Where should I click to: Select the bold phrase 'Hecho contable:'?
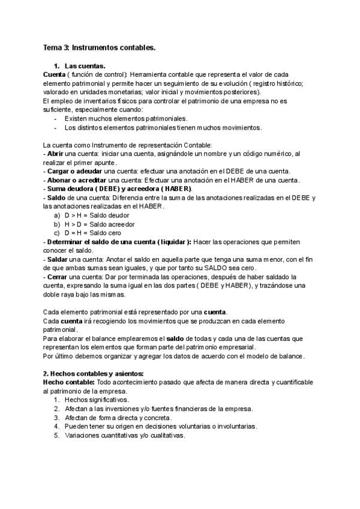(x=68, y=382)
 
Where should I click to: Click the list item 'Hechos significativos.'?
(x=97, y=399)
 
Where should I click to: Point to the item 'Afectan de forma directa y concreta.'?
(x=118, y=417)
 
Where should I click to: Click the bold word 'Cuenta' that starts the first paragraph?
(x=55, y=74)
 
